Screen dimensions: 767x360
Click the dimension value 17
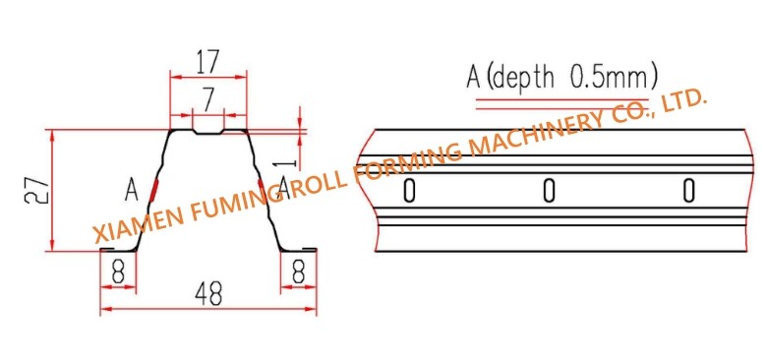coord(207,61)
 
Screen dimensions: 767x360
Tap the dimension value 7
coord(208,100)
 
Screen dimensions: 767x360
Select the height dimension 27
coord(36,190)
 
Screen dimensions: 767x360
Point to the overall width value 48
coord(208,294)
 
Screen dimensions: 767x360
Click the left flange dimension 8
coord(118,271)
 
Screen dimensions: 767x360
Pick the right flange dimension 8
coord(298,271)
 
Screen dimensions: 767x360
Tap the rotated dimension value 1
coord(289,163)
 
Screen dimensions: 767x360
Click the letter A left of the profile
coord(131,190)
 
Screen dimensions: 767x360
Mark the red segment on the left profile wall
coord(154,191)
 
